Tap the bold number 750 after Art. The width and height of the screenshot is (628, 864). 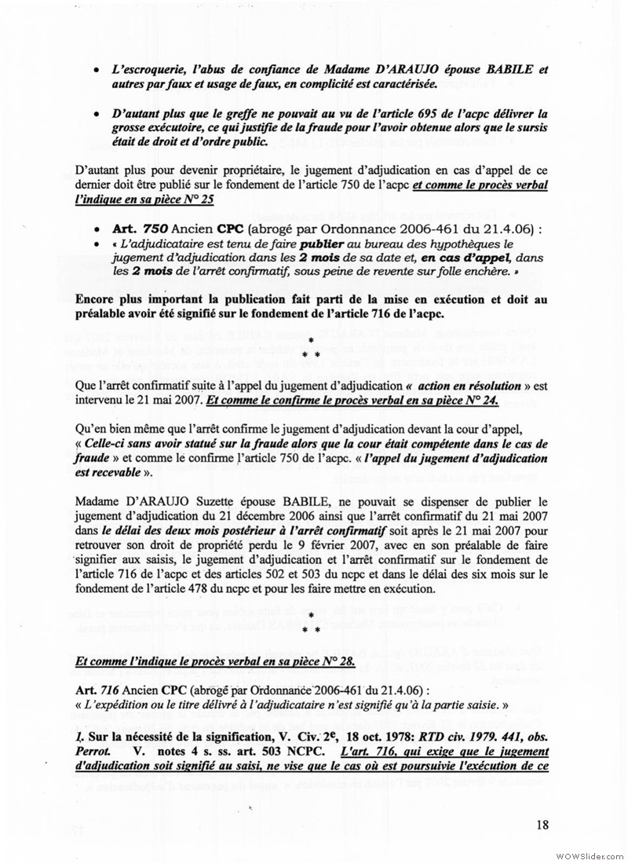150,228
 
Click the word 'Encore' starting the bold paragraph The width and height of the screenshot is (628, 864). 97,299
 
